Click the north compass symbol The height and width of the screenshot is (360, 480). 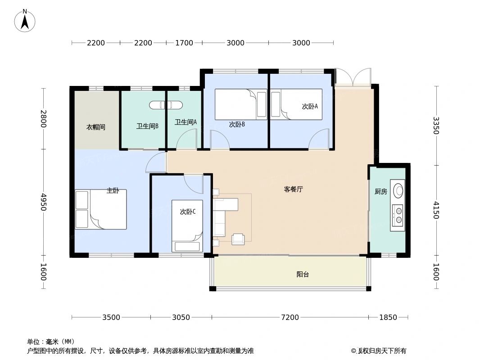coord(25,20)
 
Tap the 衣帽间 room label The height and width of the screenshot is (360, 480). coord(95,127)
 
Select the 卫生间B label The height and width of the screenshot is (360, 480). coord(147,126)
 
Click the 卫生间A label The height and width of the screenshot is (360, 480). coord(186,122)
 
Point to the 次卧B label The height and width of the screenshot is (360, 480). coord(237,125)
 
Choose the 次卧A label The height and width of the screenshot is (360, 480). coord(310,107)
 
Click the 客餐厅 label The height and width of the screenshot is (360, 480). coord(293,189)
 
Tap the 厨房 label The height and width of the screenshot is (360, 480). coord(380,192)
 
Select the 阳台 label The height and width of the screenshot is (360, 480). coord(303,274)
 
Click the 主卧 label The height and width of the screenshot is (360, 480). coord(113,191)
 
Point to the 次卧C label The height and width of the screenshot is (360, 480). coord(187,211)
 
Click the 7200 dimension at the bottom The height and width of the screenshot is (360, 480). coord(290,318)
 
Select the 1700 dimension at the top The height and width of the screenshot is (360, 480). coord(184,43)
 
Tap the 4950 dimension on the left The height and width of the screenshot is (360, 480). coord(44,202)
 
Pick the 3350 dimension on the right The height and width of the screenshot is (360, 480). coord(435,126)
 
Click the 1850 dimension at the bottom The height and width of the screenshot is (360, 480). coord(388,318)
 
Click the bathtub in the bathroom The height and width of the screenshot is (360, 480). coord(166,105)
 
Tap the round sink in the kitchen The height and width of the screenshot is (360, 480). coord(398,190)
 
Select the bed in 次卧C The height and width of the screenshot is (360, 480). coord(187,226)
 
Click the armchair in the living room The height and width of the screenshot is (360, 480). coord(238,239)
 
